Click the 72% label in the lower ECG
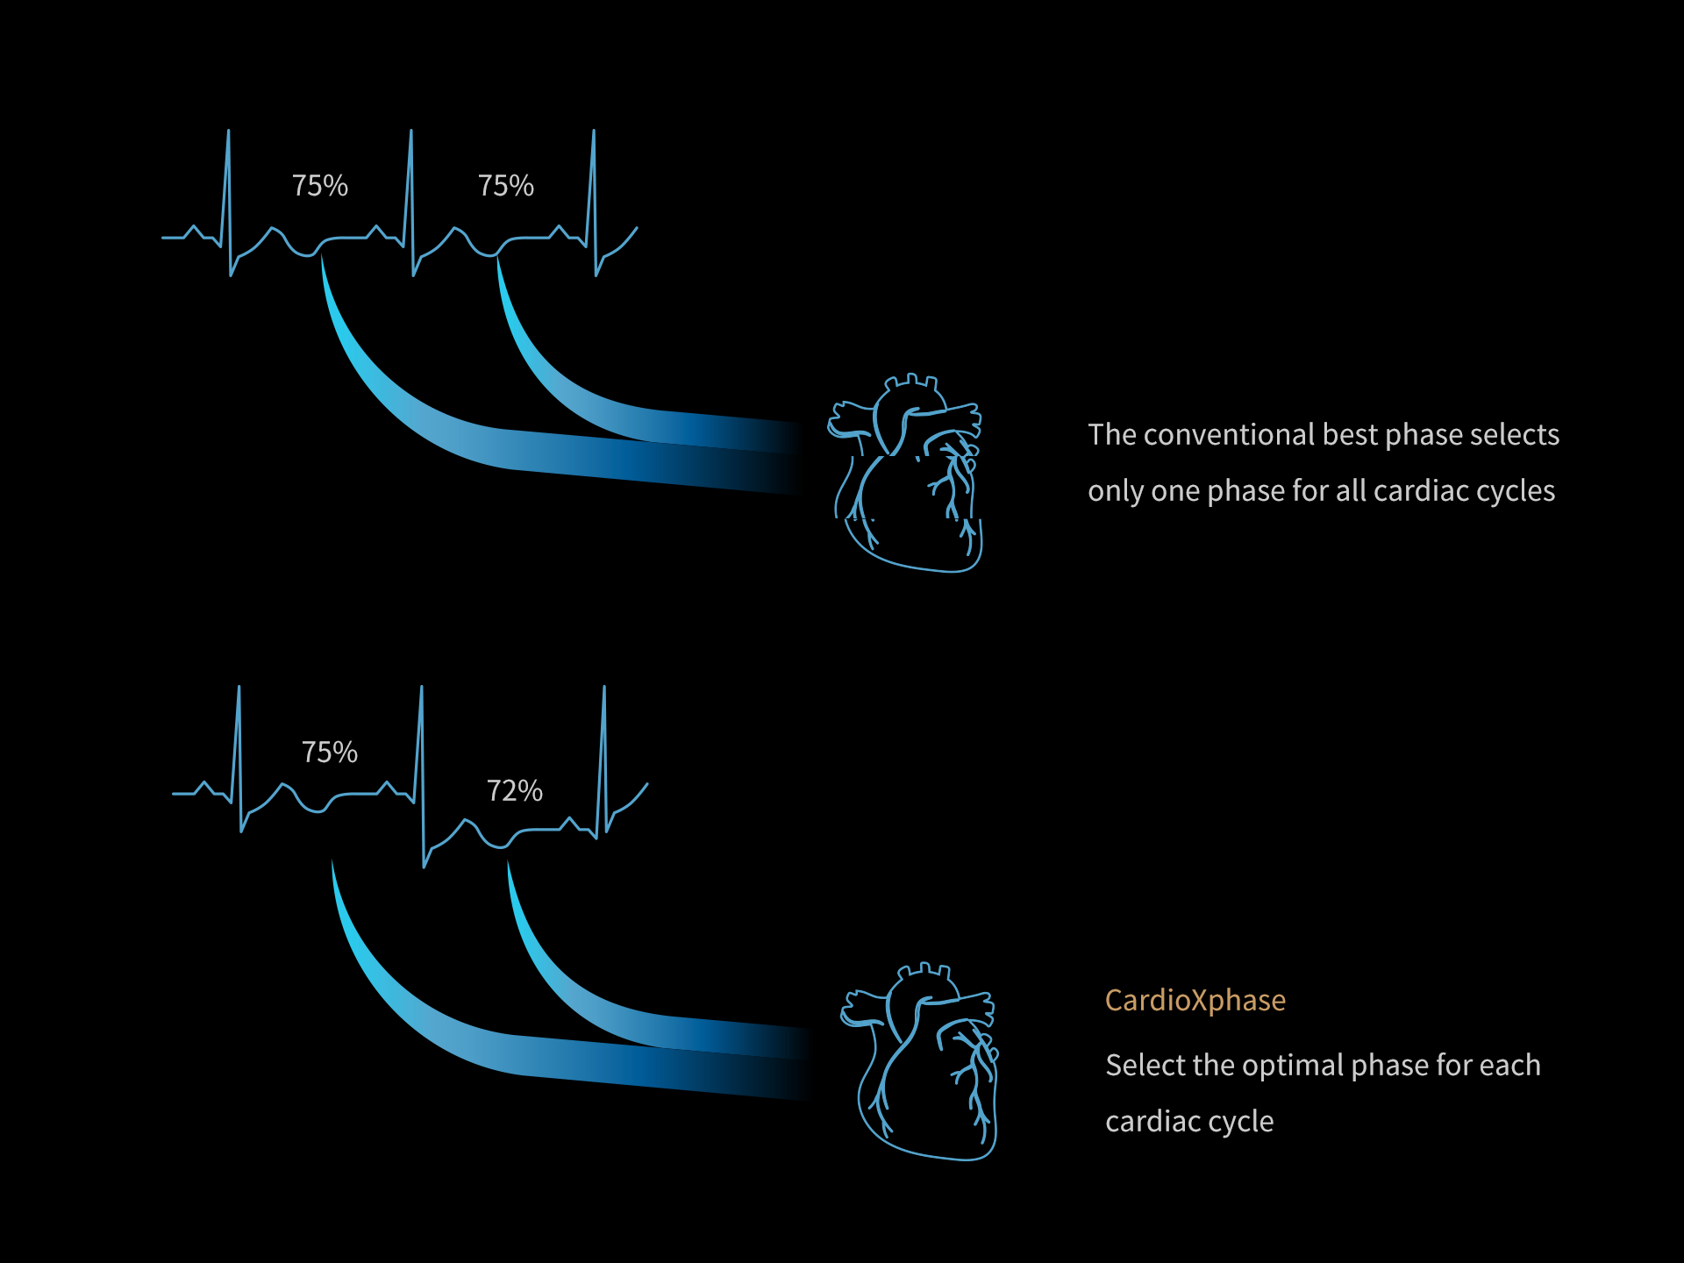pos(515,790)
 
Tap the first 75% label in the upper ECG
pos(320,185)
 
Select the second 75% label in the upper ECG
pos(506,185)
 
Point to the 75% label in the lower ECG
pos(330,752)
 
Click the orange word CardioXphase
pos(1195,1000)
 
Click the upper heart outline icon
pos(905,474)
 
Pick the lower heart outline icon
pos(919,1061)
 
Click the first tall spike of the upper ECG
pos(229,203)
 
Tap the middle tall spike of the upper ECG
pos(411,203)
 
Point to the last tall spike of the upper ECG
pos(594,203)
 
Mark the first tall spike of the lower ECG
pos(239,759)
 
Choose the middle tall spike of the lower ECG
pos(422,776)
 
